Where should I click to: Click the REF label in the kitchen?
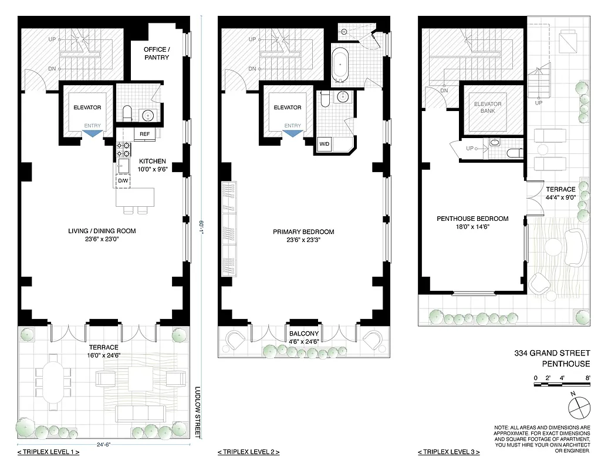click(144, 134)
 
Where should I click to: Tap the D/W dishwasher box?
click(123, 180)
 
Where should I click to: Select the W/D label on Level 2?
click(324, 144)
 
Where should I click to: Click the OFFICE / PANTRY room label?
click(157, 53)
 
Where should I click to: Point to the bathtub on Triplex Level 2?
click(341, 66)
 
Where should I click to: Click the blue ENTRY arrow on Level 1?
click(92, 133)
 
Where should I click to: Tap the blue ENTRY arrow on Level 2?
click(292, 133)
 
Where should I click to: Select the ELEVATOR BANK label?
click(488, 108)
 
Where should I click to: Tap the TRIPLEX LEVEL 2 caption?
click(248, 452)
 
